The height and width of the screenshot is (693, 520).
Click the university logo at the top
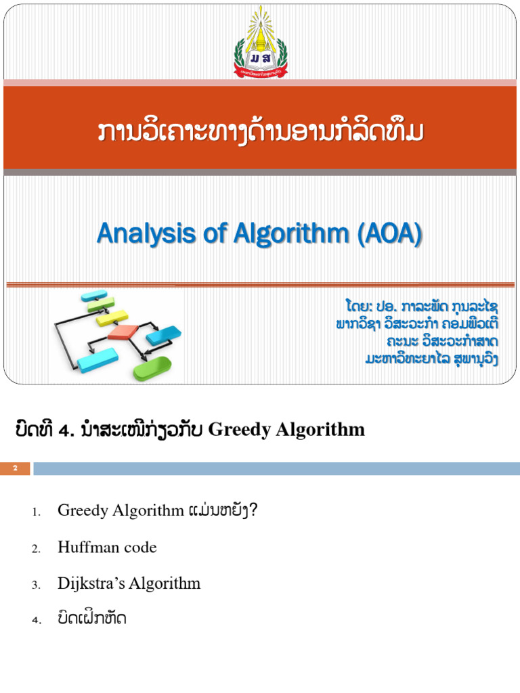[x=261, y=42]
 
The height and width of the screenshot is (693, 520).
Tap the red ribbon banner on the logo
[x=261, y=68]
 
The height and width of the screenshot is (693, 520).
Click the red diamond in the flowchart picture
[x=123, y=332]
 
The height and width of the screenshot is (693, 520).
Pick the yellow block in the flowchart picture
[x=112, y=316]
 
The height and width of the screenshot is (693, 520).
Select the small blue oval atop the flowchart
[x=93, y=296]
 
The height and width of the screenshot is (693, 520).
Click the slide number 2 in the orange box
[x=15, y=468]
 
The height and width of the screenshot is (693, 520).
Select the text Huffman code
[x=107, y=547]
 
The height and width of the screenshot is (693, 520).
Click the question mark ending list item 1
[x=253, y=511]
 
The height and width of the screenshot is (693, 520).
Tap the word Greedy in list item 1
[x=81, y=511]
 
